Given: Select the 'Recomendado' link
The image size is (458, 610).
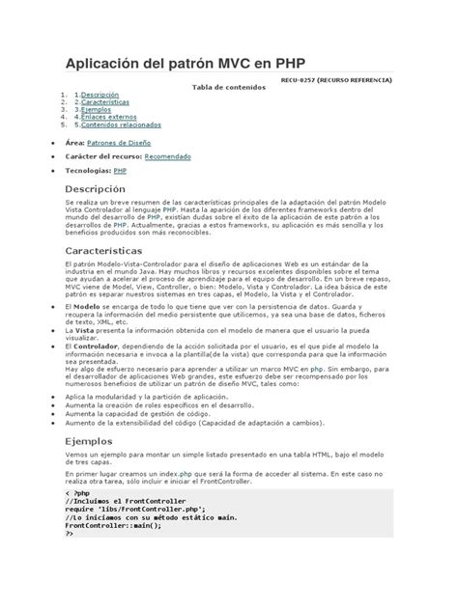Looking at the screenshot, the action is click(x=168, y=155).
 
